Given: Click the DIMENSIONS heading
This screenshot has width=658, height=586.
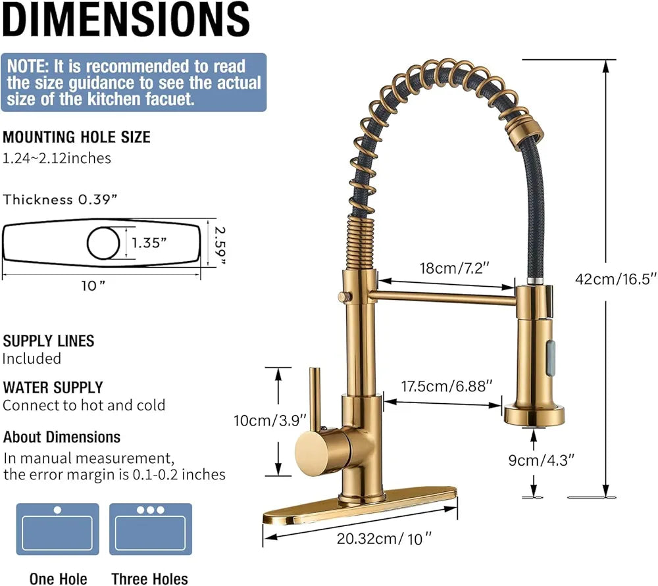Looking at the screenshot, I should click(x=126, y=21).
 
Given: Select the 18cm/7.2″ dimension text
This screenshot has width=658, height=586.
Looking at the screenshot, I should click(x=455, y=268).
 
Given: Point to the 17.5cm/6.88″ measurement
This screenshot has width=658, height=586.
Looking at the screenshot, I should click(x=446, y=386).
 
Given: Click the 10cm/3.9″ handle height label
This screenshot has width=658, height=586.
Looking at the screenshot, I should click(x=261, y=420).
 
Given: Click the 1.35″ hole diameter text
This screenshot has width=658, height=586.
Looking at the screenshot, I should click(x=149, y=242).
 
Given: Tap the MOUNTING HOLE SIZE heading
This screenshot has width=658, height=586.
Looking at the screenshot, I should click(x=76, y=137).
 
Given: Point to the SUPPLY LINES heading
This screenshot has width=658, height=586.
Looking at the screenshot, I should click(x=49, y=341).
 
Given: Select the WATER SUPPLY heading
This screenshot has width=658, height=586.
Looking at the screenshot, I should click(x=53, y=387).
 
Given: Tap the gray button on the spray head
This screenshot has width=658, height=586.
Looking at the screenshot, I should click(x=551, y=347).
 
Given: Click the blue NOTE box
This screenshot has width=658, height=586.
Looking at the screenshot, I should click(x=134, y=82).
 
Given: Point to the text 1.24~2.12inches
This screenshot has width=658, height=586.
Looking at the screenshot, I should click(x=57, y=158).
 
